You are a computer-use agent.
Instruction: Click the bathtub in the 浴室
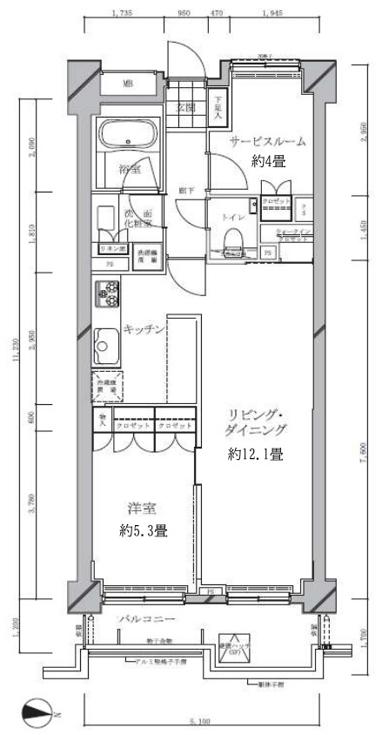[x=127, y=135]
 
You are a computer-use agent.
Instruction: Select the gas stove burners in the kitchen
[x=108, y=293]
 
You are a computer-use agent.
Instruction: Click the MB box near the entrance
[x=127, y=84]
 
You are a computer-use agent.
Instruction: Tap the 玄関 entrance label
[x=185, y=109]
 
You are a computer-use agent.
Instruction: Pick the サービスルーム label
[x=267, y=142]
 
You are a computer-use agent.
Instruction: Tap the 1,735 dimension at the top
[x=122, y=14]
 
